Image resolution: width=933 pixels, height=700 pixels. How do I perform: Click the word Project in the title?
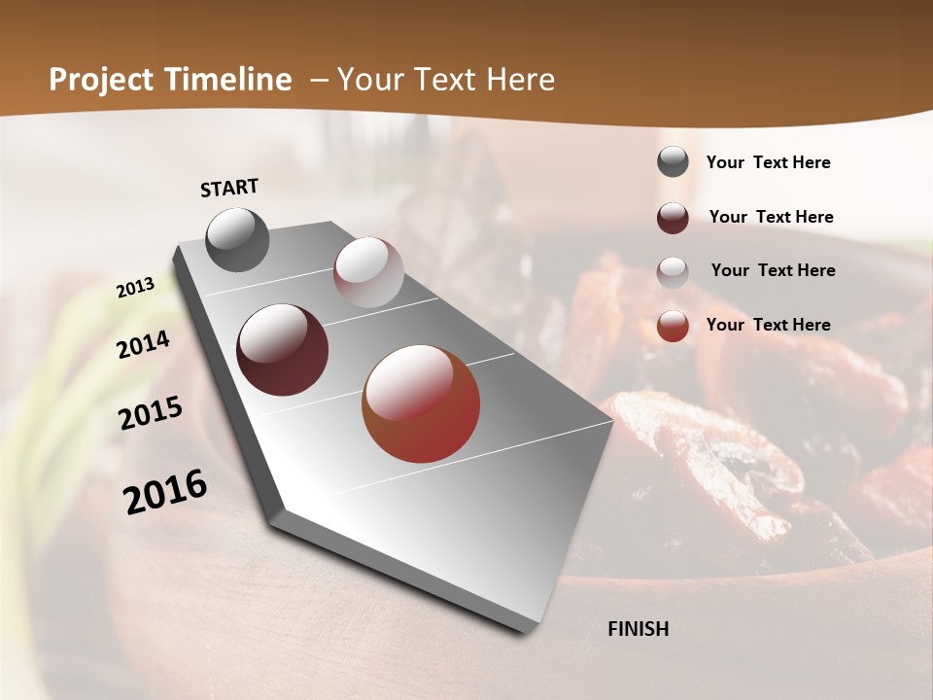click(103, 80)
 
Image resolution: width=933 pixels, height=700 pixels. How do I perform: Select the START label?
click(229, 188)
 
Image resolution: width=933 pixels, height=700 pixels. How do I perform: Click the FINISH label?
click(639, 629)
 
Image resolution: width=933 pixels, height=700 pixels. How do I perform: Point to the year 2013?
click(135, 288)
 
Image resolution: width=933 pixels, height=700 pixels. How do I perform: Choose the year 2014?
click(143, 344)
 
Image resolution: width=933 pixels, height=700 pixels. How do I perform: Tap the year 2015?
click(151, 413)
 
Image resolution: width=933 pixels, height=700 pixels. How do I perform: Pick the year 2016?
click(165, 491)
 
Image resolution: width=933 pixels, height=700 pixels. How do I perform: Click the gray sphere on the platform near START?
click(237, 239)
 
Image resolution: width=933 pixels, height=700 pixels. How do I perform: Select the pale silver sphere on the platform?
click(368, 272)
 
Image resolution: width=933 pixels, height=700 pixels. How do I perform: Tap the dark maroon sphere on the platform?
click(283, 350)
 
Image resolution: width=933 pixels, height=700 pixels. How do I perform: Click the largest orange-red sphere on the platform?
click(421, 403)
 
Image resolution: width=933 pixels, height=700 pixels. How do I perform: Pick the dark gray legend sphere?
click(673, 161)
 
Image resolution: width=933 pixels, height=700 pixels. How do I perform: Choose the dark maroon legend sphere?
click(673, 218)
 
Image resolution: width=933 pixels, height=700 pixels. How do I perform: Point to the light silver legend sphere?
click(673, 272)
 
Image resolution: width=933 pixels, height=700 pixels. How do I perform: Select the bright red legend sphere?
click(673, 326)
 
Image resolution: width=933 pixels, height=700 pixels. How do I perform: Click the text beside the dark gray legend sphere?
click(768, 163)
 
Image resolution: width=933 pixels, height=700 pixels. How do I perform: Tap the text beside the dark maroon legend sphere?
click(771, 217)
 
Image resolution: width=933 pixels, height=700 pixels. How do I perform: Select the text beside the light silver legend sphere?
click(773, 270)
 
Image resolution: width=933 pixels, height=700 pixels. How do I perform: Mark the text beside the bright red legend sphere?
click(768, 325)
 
